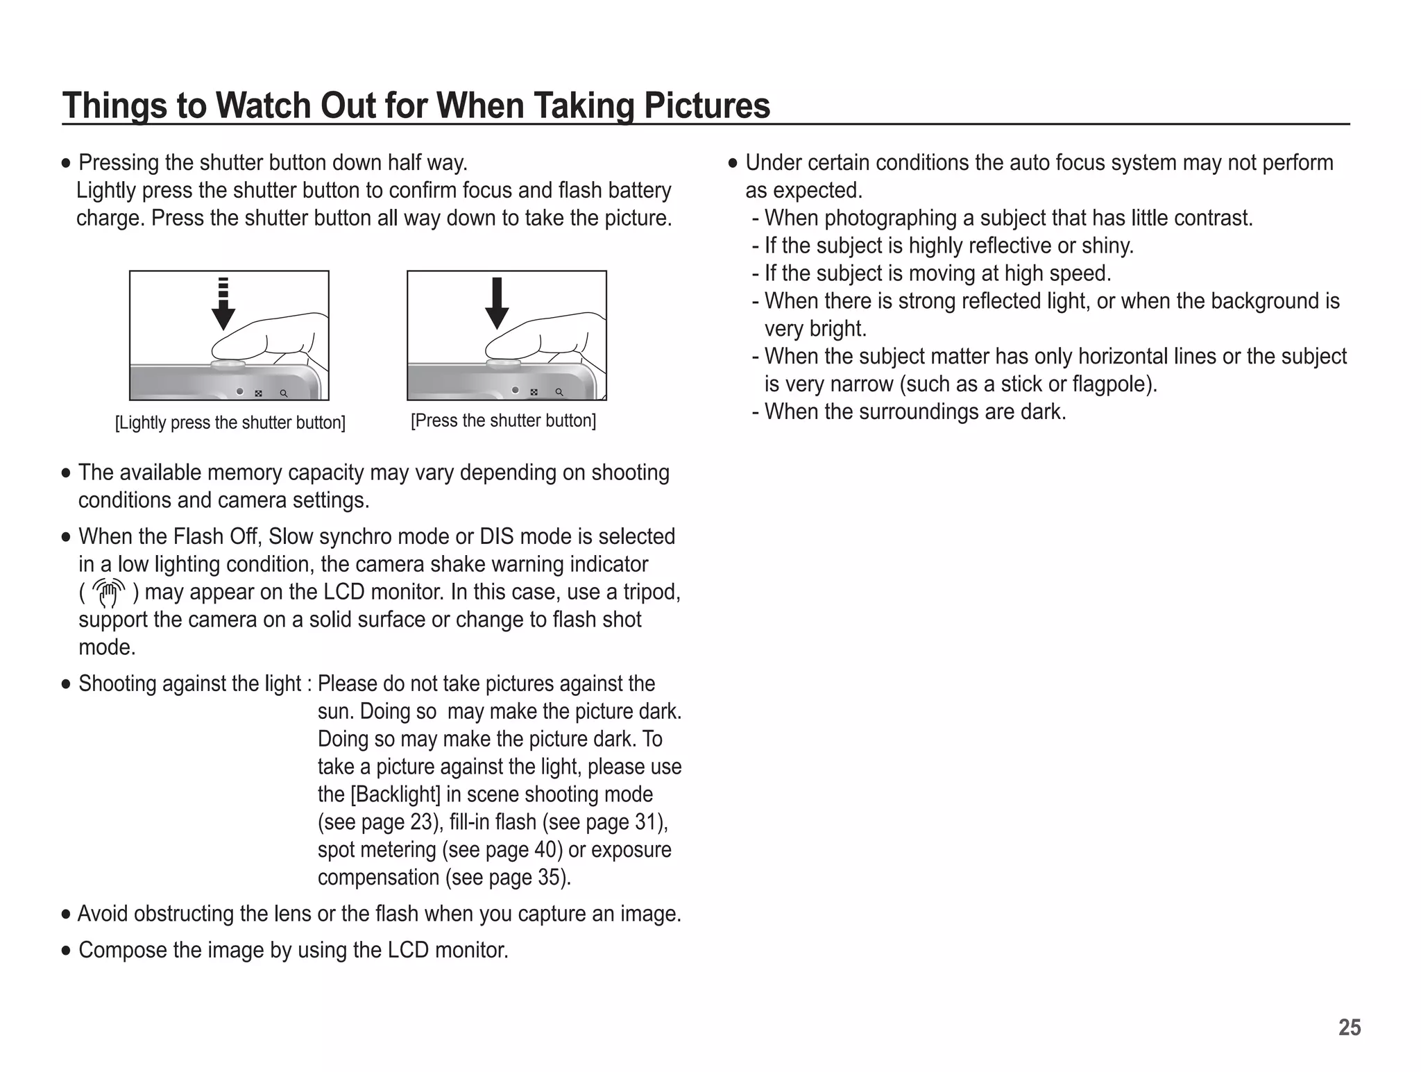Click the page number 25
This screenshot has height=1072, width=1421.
(x=1349, y=1028)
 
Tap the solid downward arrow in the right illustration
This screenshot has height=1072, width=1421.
(x=497, y=303)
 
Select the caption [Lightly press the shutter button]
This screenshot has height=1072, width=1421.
(x=230, y=423)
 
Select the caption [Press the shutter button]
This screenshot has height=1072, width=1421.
(x=503, y=420)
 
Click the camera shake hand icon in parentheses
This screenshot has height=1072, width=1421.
(x=109, y=593)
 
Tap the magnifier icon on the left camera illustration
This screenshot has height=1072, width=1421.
(x=283, y=393)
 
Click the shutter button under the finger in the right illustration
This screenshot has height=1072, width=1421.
(x=504, y=363)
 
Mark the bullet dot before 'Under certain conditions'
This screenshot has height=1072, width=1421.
(x=733, y=164)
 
